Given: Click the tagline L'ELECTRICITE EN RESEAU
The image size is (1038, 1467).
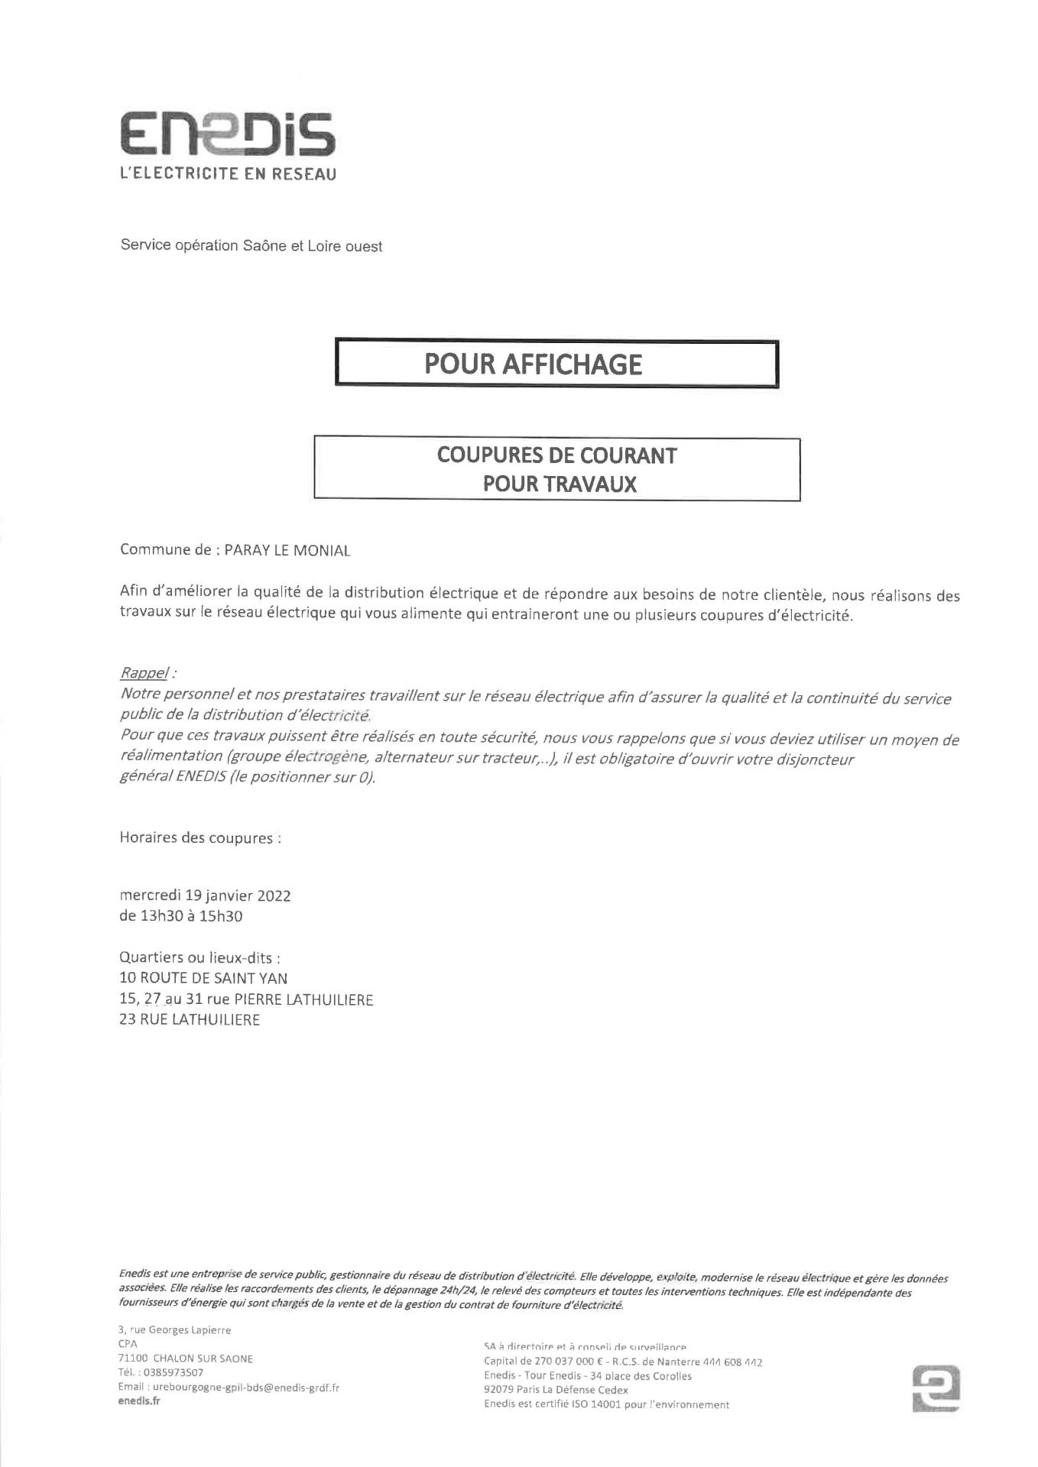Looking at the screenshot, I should [x=228, y=174].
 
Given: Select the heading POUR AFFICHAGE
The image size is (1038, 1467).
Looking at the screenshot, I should [x=533, y=364].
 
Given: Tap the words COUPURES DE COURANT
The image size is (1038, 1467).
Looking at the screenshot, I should [x=556, y=455].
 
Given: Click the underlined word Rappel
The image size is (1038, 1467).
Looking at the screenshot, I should [x=144, y=673].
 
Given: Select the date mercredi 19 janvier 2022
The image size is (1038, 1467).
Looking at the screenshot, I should [x=205, y=895].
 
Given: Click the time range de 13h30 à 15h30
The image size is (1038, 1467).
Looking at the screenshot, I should [x=180, y=915].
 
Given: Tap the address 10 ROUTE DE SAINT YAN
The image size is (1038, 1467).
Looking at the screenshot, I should [x=203, y=978].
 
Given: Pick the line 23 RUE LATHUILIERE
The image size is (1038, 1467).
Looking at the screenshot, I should [x=190, y=1019].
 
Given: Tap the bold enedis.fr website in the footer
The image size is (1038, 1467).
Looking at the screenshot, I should [x=139, y=1401].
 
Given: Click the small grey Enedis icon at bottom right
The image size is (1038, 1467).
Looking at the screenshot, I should [x=936, y=1388].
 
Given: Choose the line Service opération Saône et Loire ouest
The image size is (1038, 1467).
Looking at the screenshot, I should [x=251, y=246].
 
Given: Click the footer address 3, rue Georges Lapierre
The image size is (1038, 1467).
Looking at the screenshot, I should [x=174, y=1330].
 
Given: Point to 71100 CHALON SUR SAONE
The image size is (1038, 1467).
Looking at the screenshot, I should [x=186, y=1359].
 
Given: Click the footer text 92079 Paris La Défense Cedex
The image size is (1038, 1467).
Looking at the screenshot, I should [x=556, y=1390].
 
